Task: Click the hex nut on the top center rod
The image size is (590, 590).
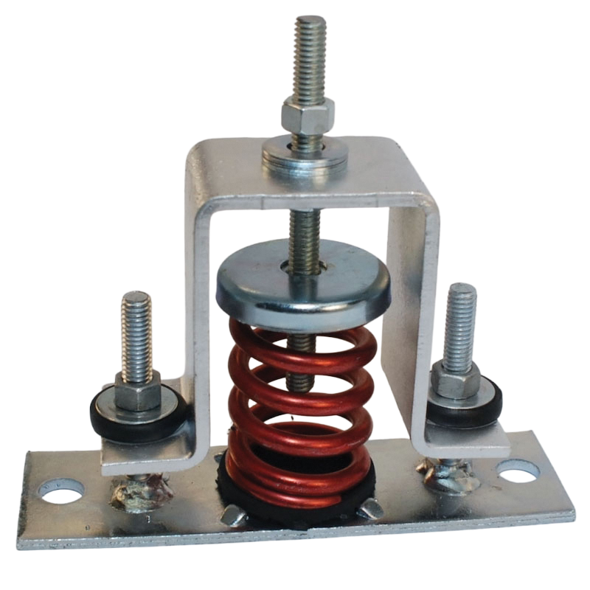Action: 308,117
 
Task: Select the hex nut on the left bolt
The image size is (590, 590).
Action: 137,389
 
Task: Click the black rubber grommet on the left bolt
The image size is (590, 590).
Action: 118,412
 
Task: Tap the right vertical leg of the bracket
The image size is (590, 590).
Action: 413,310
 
